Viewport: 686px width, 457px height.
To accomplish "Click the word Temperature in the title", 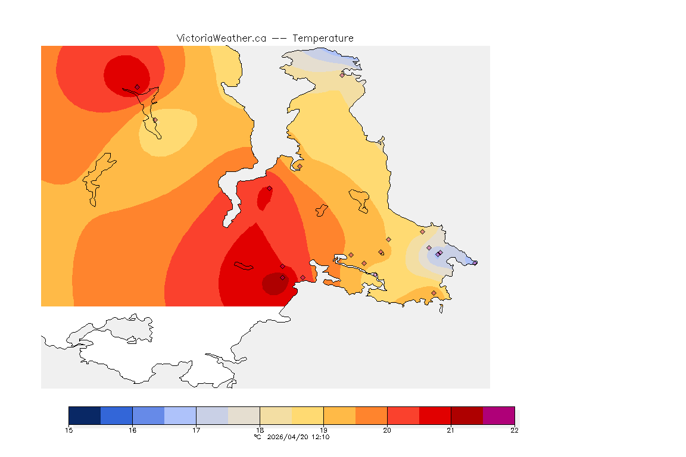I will point(323,38).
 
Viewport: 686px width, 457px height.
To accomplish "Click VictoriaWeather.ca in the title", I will point(221,38).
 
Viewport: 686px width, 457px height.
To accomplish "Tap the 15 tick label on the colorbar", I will point(68,430).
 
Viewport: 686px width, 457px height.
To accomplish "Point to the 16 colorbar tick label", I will point(132,430).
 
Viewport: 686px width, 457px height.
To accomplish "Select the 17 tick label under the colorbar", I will point(196,430).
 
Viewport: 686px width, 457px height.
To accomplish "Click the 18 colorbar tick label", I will point(260,430).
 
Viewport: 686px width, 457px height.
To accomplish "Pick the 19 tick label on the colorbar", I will point(323,430).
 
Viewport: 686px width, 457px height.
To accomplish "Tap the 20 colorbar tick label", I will point(387,430).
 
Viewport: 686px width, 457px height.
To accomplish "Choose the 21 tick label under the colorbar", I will point(451,430).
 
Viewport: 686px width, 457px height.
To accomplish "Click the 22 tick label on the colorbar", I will point(514,430).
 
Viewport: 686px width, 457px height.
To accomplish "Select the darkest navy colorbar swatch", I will point(85,415).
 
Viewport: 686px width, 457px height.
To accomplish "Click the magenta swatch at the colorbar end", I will point(498,415).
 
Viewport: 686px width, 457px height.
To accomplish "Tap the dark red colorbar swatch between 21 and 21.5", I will point(467,415).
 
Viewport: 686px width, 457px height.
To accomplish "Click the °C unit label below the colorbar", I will point(257,437).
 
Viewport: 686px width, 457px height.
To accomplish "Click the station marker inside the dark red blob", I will point(282,278).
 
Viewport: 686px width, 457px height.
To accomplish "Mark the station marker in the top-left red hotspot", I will point(137,87).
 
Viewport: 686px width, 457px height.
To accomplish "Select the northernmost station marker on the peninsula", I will point(342,75).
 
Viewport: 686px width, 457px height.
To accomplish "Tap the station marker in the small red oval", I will point(269,189).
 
